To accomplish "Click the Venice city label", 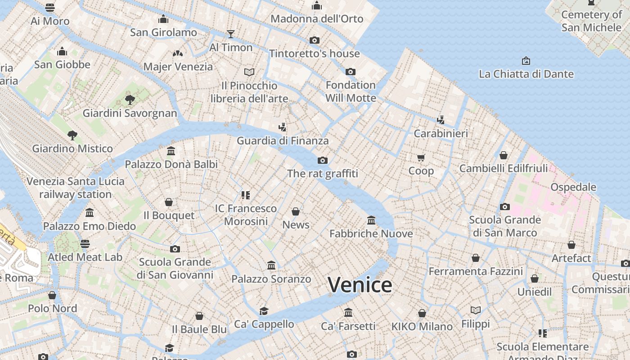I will (360, 285).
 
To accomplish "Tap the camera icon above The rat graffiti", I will (322, 160).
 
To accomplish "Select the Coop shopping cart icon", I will (421, 157).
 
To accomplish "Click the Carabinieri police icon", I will (441, 120).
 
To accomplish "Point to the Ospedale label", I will (573, 187).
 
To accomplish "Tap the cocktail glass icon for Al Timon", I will (231, 34).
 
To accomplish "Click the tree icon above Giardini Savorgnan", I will (130, 99).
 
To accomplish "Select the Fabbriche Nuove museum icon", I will (371, 220).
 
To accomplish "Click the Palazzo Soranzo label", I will (271, 279).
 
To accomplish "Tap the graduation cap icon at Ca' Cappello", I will (264, 311).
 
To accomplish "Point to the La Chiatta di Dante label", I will (526, 74).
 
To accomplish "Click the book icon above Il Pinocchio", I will (249, 72).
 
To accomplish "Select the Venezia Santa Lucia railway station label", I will (76, 188).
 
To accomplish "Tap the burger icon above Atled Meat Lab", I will (85, 244).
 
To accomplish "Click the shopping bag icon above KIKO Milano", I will (422, 313).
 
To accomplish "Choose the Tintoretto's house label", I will (314, 54).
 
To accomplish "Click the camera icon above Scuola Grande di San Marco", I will (504, 207).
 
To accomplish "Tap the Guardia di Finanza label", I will (283, 140).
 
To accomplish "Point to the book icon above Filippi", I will (475, 310).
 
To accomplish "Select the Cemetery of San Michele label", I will (591, 21).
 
